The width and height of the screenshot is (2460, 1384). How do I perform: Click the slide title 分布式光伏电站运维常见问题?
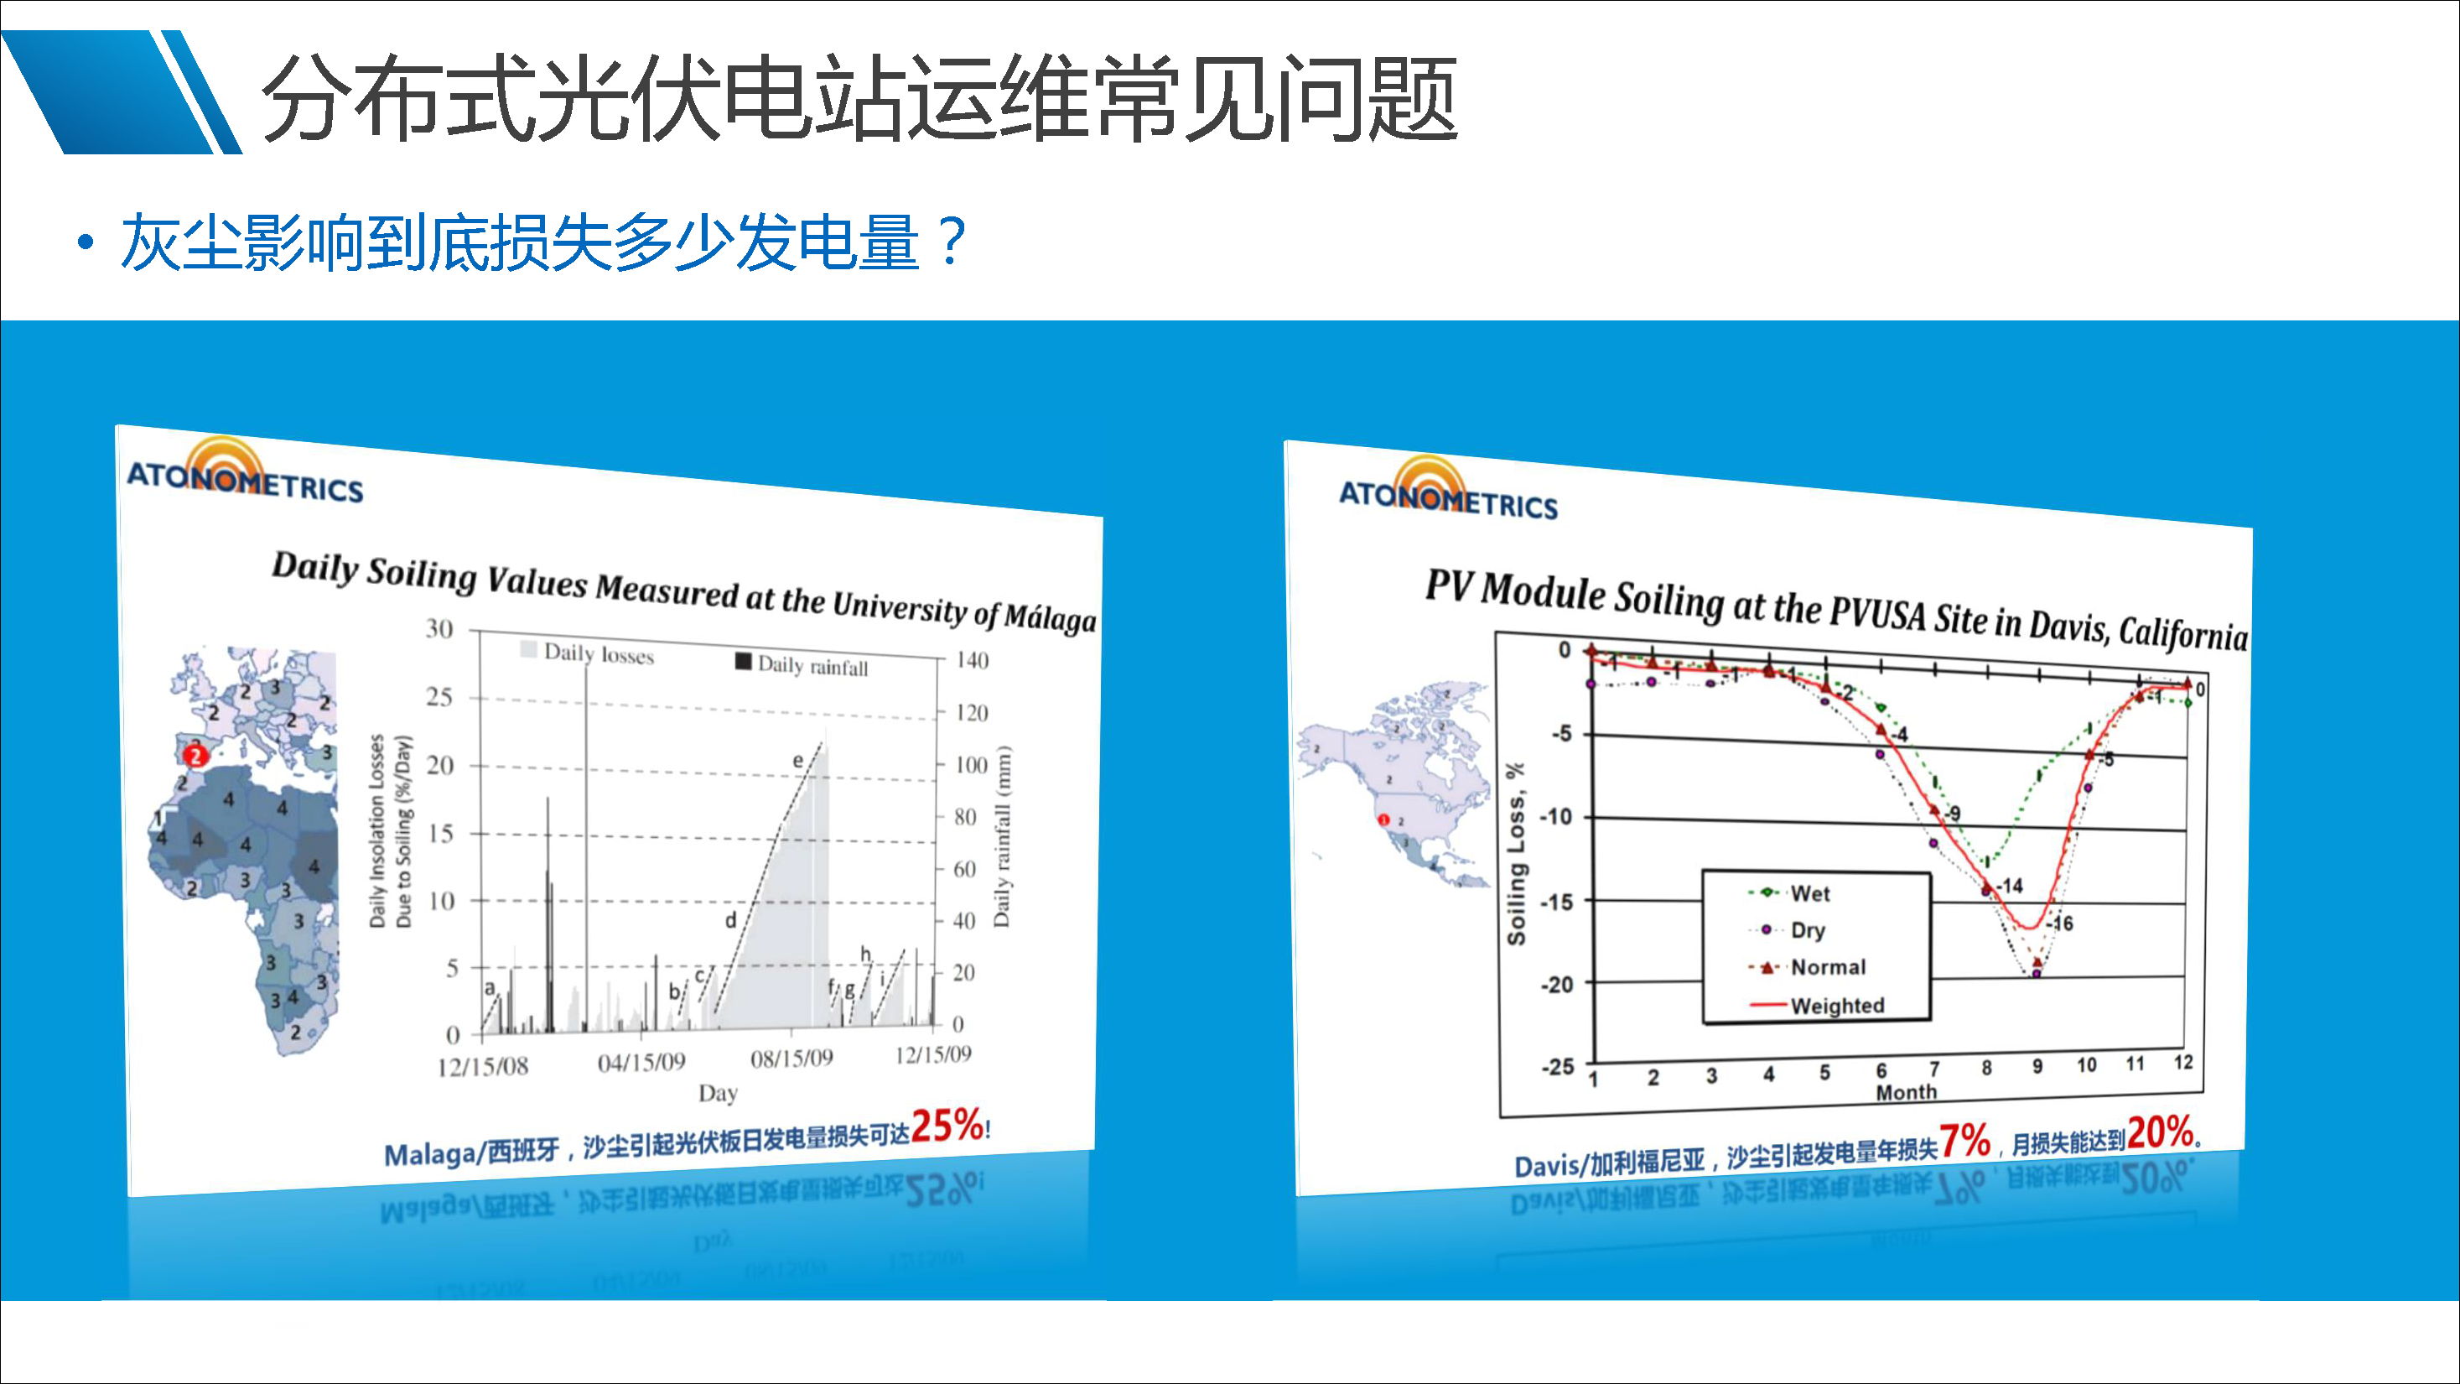click(x=859, y=98)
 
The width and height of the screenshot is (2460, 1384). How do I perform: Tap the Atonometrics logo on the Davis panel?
click(x=1448, y=491)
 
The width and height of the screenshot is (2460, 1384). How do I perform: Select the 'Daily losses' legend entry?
click(x=598, y=653)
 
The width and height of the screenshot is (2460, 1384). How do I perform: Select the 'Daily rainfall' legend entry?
click(x=812, y=665)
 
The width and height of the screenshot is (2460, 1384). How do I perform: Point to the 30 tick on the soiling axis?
click(x=439, y=628)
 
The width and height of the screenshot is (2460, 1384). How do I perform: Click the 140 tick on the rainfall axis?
click(x=972, y=660)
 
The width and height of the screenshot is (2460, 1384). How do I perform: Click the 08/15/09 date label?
click(x=791, y=1059)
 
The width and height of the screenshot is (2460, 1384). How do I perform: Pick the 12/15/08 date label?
click(x=482, y=1066)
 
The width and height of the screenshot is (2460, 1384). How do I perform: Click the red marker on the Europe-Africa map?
click(x=195, y=756)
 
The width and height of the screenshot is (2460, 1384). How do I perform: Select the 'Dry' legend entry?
click(x=1807, y=929)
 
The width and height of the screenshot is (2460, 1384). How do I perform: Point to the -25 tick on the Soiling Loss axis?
click(x=1558, y=1067)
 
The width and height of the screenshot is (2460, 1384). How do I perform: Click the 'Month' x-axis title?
click(x=1906, y=1092)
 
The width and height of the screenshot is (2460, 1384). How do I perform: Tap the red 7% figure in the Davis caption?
click(x=1964, y=1141)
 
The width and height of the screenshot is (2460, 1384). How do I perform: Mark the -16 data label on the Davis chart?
click(x=2061, y=924)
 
